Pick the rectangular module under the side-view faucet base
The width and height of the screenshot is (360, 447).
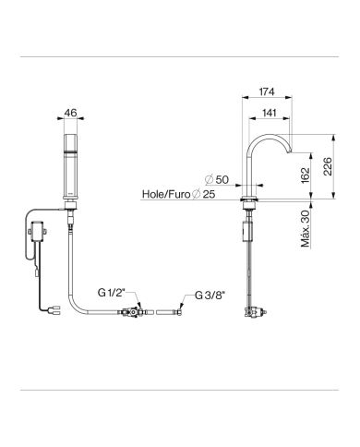coord(246,230)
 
